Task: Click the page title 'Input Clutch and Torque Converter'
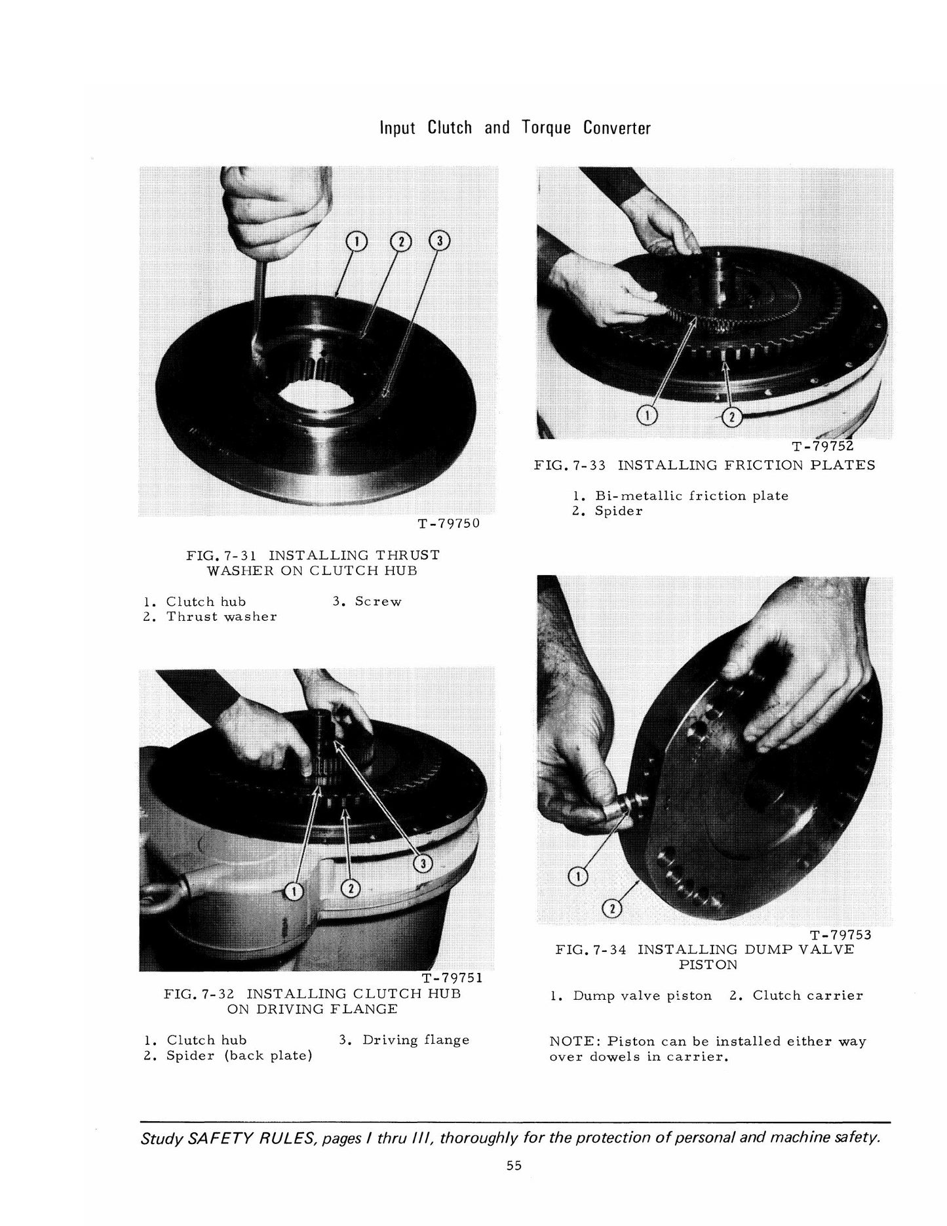coord(515,127)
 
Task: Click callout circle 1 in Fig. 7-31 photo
coord(356,242)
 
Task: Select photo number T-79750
coord(448,524)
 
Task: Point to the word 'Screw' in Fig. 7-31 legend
coord(377,601)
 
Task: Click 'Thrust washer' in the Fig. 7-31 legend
coord(222,616)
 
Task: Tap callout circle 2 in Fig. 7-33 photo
coord(731,417)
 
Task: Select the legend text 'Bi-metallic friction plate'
coord(691,496)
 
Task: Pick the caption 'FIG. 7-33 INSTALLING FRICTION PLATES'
coord(705,465)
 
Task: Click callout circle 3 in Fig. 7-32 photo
coord(423,864)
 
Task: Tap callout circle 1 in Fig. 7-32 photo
coord(294,890)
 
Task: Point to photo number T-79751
coord(452,978)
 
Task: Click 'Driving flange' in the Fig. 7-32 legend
coord(416,1040)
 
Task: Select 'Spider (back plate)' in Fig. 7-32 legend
coord(239,1056)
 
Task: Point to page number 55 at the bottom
coord(514,1165)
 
